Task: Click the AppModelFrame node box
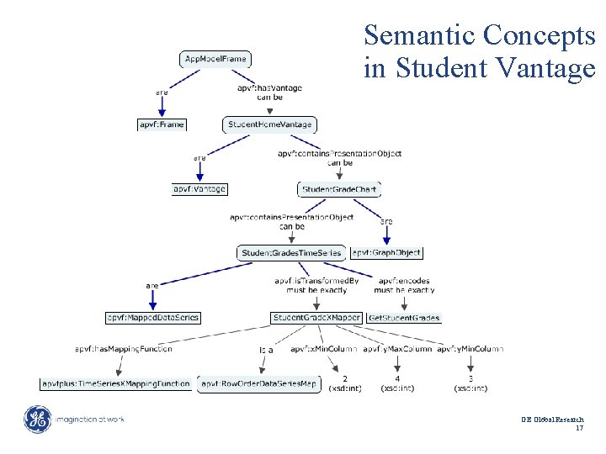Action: tap(215, 59)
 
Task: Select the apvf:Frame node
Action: tap(162, 124)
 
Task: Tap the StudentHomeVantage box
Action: tap(269, 124)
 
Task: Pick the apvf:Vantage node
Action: tap(199, 189)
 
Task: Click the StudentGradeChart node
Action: tap(338, 189)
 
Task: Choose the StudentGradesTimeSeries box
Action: tap(291, 252)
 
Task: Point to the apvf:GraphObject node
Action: tap(386, 252)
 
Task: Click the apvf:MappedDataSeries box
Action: tap(152, 318)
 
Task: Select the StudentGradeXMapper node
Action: tap(316, 318)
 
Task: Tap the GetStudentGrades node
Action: tap(404, 318)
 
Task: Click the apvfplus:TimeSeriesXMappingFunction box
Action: tap(116, 384)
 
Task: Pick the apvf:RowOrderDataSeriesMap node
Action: tap(259, 384)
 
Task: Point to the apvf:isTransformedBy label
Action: tap(316, 281)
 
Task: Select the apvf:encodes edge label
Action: tap(404, 281)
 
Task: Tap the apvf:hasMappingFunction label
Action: tap(123, 348)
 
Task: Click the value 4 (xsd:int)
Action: tap(397, 383)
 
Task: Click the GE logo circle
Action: tap(38, 419)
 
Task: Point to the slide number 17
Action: tap(579, 429)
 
